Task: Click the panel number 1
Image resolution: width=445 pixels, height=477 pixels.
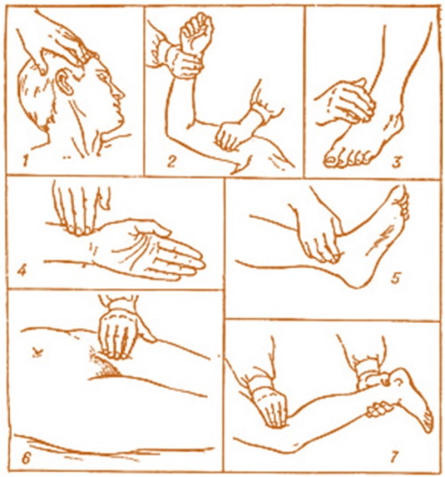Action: point(26,160)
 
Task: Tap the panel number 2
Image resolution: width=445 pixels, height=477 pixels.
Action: point(171,160)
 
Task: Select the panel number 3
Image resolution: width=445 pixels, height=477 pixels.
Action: point(397,161)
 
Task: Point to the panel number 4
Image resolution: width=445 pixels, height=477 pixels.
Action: point(22,271)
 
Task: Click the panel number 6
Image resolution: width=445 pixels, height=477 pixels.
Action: point(26,458)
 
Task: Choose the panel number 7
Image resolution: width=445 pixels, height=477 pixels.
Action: point(393,456)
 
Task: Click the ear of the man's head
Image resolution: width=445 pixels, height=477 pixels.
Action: point(64,81)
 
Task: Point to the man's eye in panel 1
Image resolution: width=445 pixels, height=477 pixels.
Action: point(102,74)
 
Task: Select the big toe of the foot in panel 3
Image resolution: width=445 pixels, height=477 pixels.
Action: point(332,159)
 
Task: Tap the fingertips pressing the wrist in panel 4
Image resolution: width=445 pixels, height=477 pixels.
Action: point(80,230)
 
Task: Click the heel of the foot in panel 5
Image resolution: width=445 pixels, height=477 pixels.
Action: point(357,279)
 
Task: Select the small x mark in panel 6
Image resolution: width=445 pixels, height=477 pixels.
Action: point(37,353)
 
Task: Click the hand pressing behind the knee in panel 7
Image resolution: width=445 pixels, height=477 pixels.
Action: point(271,407)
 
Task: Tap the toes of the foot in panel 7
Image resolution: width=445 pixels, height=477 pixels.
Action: point(427,421)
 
